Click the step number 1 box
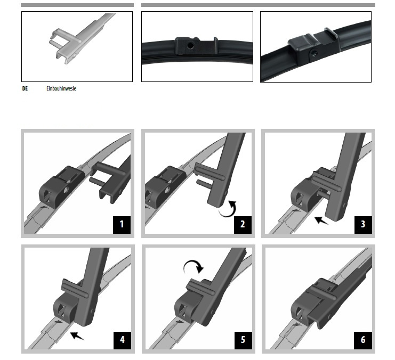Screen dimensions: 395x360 point(122,225)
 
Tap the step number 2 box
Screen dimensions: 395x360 point(243,225)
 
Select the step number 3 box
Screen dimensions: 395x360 point(363,225)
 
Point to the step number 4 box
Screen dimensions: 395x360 point(122,340)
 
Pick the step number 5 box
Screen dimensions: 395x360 point(243,340)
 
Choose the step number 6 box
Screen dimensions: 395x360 point(363,340)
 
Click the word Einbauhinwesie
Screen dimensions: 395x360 point(61,88)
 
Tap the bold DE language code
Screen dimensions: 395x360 point(25,88)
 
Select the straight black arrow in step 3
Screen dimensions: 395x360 point(321,220)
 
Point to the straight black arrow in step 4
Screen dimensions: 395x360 point(77,336)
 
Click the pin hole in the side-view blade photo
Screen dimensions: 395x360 point(191,46)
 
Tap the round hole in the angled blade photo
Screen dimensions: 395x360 point(314,53)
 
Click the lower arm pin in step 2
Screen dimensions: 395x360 point(203,183)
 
